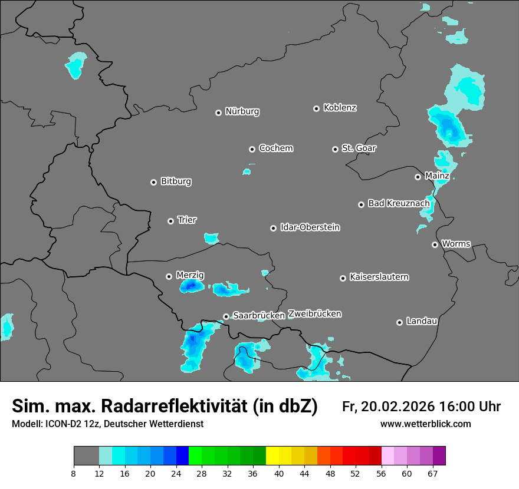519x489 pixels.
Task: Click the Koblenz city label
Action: pyautogui.click(x=340, y=108)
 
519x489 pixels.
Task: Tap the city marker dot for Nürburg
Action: pyautogui.click(x=218, y=113)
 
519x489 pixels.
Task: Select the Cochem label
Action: pyautogui.click(x=275, y=148)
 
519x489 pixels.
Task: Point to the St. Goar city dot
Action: pyautogui.click(x=335, y=149)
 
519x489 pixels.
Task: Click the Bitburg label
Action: pyautogui.click(x=176, y=181)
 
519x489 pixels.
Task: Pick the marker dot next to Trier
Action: pyautogui.click(x=170, y=221)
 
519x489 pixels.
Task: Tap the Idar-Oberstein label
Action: pyautogui.click(x=310, y=227)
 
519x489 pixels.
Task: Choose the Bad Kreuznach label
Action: pyautogui.click(x=399, y=203)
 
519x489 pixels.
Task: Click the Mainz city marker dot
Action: pyautogui.click(x=418, y=177)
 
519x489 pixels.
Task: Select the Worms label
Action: pyautogui.click(x=456, y=244)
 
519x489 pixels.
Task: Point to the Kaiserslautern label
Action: pyautogui.click(x=379, y=277)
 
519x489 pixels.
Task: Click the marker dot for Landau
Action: pyautogui.click(x=399, y=322)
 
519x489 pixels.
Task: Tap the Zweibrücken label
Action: pyautogui.click(x=314, y=314)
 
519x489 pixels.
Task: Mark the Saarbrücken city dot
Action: pyautogui.click(x=226, y=316)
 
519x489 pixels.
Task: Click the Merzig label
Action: pyautogui.click(x=190, y=275)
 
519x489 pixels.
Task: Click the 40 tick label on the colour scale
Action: pyautogui.click(x=279, y=473)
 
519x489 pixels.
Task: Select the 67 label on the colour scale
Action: pyautogui.click(x=432, y=473)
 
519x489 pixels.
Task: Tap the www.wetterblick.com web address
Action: pyautogui.click(x=425, y=424)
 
